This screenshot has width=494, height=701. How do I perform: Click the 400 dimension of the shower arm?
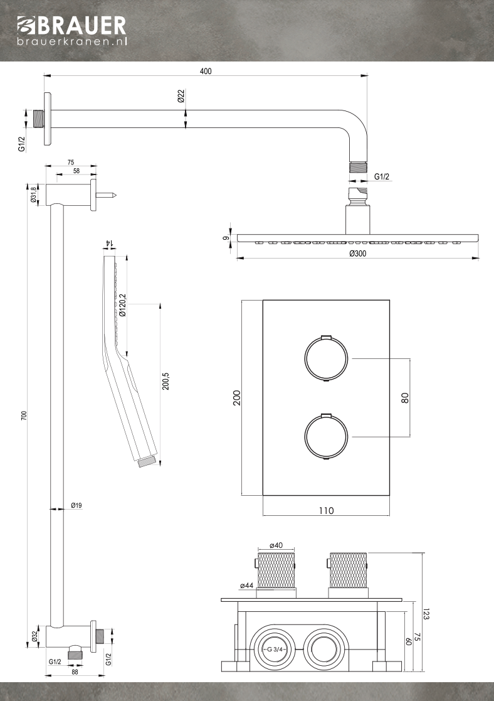(206, 71)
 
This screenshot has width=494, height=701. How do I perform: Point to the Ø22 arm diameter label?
(181, 97)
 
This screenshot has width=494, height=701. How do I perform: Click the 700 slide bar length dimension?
(24, 415)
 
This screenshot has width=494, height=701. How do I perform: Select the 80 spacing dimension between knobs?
(405, 397)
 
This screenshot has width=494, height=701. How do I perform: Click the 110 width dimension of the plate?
(325, 510)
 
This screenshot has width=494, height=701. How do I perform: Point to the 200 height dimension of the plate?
(237, 398)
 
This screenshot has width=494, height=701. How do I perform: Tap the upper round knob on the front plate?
(325, 360)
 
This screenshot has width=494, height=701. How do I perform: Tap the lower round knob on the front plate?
(325, 437)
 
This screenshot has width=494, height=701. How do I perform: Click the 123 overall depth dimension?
(426, 614)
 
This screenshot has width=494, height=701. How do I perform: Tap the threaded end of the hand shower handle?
(145, 463)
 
